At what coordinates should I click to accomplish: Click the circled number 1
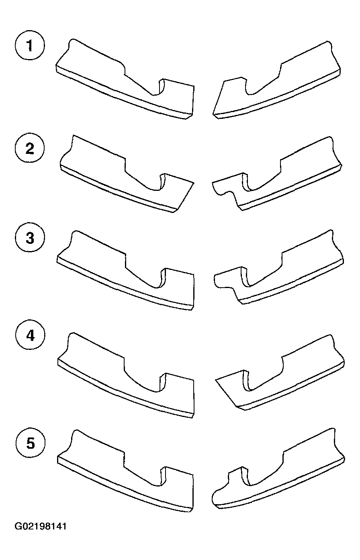tap(30, 45)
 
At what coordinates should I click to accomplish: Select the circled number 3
tap(30, 237)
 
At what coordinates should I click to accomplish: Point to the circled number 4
tap(30, 335)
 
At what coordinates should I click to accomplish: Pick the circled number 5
tap(31, 443)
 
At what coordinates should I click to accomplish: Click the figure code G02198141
tap(41, 526)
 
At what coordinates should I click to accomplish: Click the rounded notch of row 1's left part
tap(157, 92)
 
